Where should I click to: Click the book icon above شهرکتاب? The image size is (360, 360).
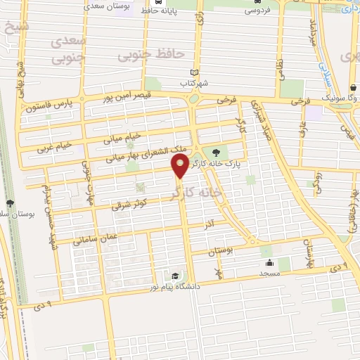coord(195,72)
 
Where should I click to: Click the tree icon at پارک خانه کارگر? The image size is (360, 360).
coord(215,151)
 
